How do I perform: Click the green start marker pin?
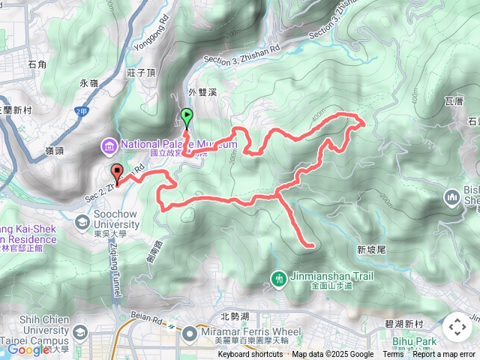[x=186, y=118]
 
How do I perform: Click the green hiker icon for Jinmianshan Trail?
[x=279, y=280]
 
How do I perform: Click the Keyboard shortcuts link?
[x=250, y=355]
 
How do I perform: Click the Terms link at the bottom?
[x=393, y=355]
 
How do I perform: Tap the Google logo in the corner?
[x=28, y=349]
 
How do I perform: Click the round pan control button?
[x=457, y=327]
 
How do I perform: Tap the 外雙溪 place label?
[x=202, y=92]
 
